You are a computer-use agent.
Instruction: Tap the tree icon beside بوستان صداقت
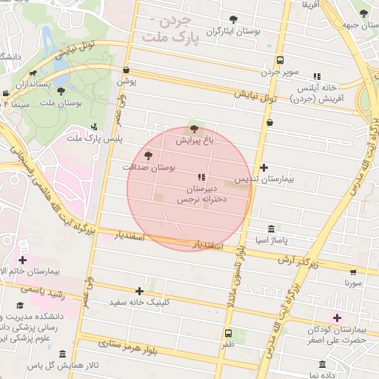coord(149,155)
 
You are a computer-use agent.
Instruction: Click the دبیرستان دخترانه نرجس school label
coord(201,195)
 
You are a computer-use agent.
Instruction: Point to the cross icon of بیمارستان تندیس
coord(264,168)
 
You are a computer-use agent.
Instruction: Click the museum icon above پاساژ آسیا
coord(272,228)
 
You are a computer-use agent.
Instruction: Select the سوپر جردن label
coord(279,73)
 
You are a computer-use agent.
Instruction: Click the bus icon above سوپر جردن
coord(279,60)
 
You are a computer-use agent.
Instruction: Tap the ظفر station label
coord(227,345)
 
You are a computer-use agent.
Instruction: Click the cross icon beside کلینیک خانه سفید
coord(139,291)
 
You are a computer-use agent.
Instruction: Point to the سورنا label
coord(353,283)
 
